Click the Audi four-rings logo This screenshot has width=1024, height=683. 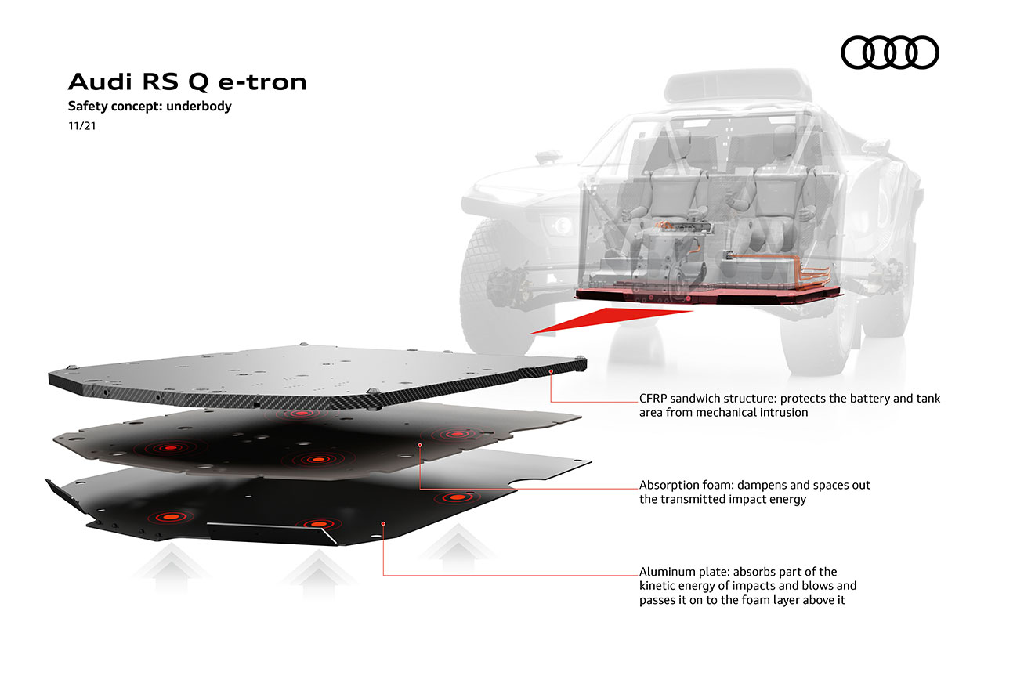(x=889, y=52)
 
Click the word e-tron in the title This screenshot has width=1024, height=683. (x=262, y=82)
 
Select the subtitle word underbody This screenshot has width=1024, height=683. (x=199, y=106)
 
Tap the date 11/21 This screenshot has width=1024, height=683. (x=81, y=126)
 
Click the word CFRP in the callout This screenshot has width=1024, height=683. (x=653, y=399)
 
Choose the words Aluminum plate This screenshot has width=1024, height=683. (x=685, y=572)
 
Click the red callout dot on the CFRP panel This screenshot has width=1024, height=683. (x=551, y=372)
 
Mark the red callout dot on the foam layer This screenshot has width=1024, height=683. (x=420, y=445)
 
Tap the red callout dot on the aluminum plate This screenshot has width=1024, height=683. (x=383, y=524)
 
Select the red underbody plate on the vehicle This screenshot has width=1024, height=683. (x=707, y=295)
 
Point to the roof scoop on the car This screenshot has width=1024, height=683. (x=738, y=86)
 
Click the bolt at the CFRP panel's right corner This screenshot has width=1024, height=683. (x=581, y=359)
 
